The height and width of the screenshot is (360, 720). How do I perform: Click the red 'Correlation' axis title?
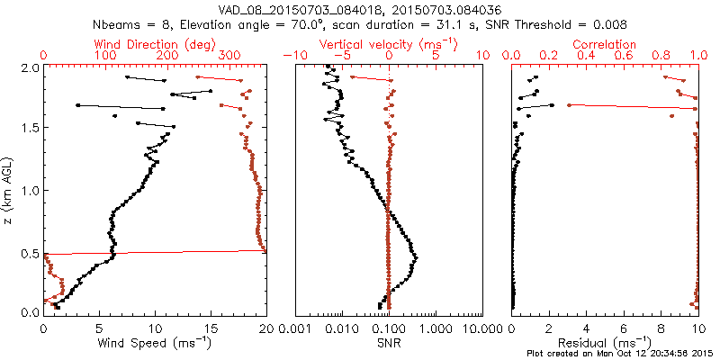tap(605, 43)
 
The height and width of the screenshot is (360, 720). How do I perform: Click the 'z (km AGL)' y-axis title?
tap(9, 190)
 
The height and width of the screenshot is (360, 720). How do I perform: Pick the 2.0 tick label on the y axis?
tap(29, 67)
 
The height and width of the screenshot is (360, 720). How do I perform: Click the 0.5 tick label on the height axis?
tap(29, 252)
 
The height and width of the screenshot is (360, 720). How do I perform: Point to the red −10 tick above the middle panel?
tap(292, 56)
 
